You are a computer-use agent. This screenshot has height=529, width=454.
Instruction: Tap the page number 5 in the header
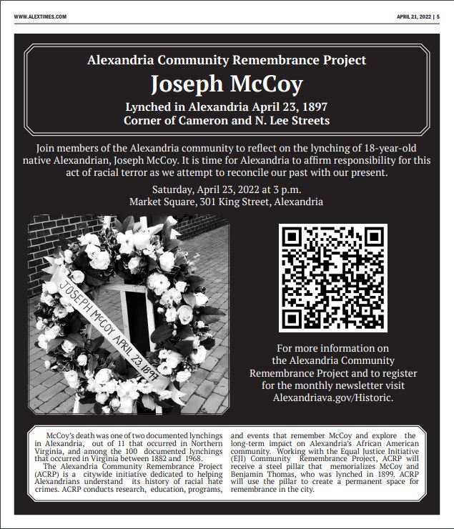pyautogui.click(x=438, y=16)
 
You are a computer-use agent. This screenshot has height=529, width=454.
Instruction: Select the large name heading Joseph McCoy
pyautogui.click(x=226, y=84)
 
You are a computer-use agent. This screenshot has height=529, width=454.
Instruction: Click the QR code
pyautogui.click(x=333, y=278)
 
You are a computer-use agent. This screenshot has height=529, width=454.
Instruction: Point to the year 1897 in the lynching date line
pyautogui.click(x=311, y=107)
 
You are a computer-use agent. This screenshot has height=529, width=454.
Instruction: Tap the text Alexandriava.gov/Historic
pyautogui.click(x=333, y=397)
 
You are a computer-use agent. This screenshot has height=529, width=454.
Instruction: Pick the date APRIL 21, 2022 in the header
pyautogui.click(x=413, y=16)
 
